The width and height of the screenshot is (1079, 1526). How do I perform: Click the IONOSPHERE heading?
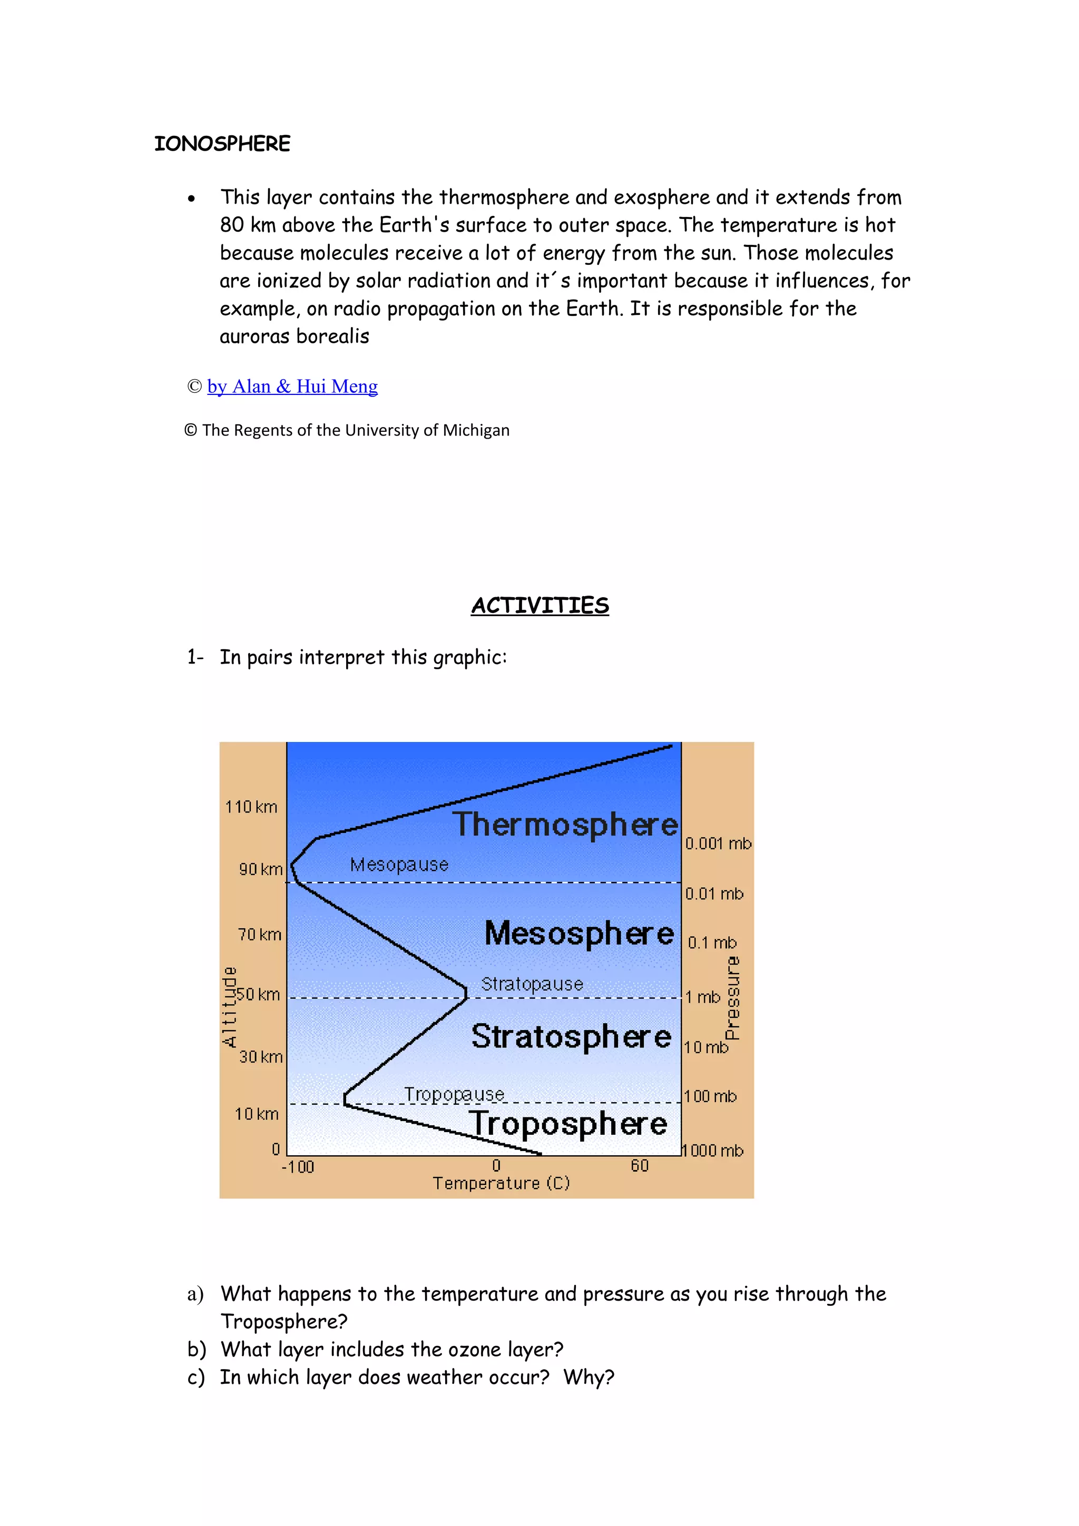click(x=222, y=144)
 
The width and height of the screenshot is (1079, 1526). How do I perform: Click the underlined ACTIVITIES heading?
click(x=540, y=606)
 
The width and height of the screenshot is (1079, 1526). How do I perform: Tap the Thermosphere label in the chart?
click(x=566, y=825)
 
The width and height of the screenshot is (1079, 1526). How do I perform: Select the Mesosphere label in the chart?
click(x=579, y=933)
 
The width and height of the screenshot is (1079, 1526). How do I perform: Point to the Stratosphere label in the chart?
click(x=571, y=1036)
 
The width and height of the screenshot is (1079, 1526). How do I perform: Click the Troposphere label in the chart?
click(x=568, y=1124)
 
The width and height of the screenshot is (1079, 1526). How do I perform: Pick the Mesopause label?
click(x=399, y=865)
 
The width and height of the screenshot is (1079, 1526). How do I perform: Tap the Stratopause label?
click(x=532, y=984)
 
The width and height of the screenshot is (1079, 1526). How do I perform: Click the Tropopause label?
click(x=454, y=1094)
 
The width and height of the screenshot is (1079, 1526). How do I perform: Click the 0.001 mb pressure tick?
click(x=718, y=844)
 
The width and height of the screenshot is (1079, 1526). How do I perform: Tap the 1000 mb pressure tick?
click(x=713, y=1151)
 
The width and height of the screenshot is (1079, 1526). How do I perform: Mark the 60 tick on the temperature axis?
click(x=640, y=1166)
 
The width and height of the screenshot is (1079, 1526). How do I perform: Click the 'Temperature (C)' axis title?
click(x=501, y=1183)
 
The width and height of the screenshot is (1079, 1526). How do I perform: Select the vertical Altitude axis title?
click(x=229, y=1007)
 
